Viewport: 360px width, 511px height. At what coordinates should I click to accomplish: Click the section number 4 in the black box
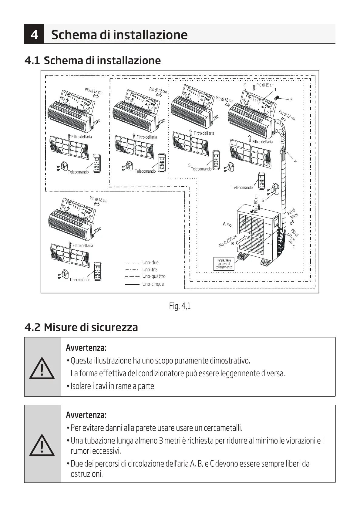click(x=34, y=35)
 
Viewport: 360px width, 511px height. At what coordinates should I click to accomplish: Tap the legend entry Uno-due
click(x=150, y=263)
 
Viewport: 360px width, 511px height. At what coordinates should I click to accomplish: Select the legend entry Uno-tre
click(x=150, y=270)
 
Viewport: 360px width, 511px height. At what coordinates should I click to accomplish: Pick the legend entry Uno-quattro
click(x=154, y=276)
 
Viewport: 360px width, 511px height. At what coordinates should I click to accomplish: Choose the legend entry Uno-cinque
click(x=153, y=284)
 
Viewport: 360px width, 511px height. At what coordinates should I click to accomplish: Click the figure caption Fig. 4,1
click(x=180, y=306)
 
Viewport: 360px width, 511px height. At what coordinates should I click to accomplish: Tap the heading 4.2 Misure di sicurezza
click(x=81, y=327)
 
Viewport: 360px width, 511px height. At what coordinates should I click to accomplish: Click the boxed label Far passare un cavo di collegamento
click(x=224, y=264)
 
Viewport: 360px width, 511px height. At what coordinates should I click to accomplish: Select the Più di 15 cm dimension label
click(x=265, y=85)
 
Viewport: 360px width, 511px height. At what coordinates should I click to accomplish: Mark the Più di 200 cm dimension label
click(x=227, y=241)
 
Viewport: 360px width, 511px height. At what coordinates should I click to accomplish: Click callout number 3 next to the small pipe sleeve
click(x=291, y=100)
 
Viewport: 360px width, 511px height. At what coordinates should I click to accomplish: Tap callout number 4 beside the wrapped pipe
click(x=295, y=161)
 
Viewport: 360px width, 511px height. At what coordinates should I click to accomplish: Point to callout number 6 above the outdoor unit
click(x=263, y=200)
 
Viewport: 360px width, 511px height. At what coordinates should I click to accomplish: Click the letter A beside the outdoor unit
click(x=224, y=224)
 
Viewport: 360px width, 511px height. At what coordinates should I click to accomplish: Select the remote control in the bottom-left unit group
click(x=97, y=271)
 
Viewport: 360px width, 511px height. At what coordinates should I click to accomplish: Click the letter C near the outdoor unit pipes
click(x=294, y=247)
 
